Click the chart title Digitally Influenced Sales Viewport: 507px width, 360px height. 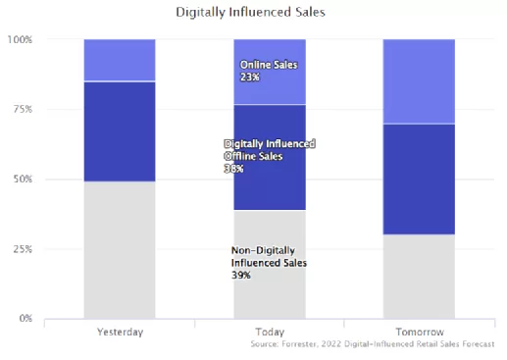point(250,13)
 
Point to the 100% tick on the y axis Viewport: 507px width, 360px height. point(20,40)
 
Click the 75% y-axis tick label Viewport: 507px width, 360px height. point(23,109)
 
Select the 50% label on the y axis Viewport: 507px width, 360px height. point(23,180)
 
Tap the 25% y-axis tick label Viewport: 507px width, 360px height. point(23,249)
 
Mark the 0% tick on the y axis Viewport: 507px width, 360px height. point(25,318)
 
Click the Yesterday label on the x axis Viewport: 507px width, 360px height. point(120,333)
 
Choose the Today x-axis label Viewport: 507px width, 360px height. point(270,333)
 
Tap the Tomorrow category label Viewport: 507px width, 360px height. point(420,333)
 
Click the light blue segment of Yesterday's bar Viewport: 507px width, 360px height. point(120,60)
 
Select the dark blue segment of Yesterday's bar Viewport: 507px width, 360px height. point(120,131)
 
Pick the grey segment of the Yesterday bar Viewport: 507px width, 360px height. point(120,250)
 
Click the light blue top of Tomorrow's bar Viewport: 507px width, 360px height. point(419,81)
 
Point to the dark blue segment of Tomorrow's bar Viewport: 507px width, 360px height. point(419,180)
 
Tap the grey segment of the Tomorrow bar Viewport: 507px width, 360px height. point(419,277)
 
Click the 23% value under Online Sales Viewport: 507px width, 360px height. point(250,77)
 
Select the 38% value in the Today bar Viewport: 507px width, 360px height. point(233,169)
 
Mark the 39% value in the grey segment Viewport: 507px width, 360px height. point(241,276)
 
